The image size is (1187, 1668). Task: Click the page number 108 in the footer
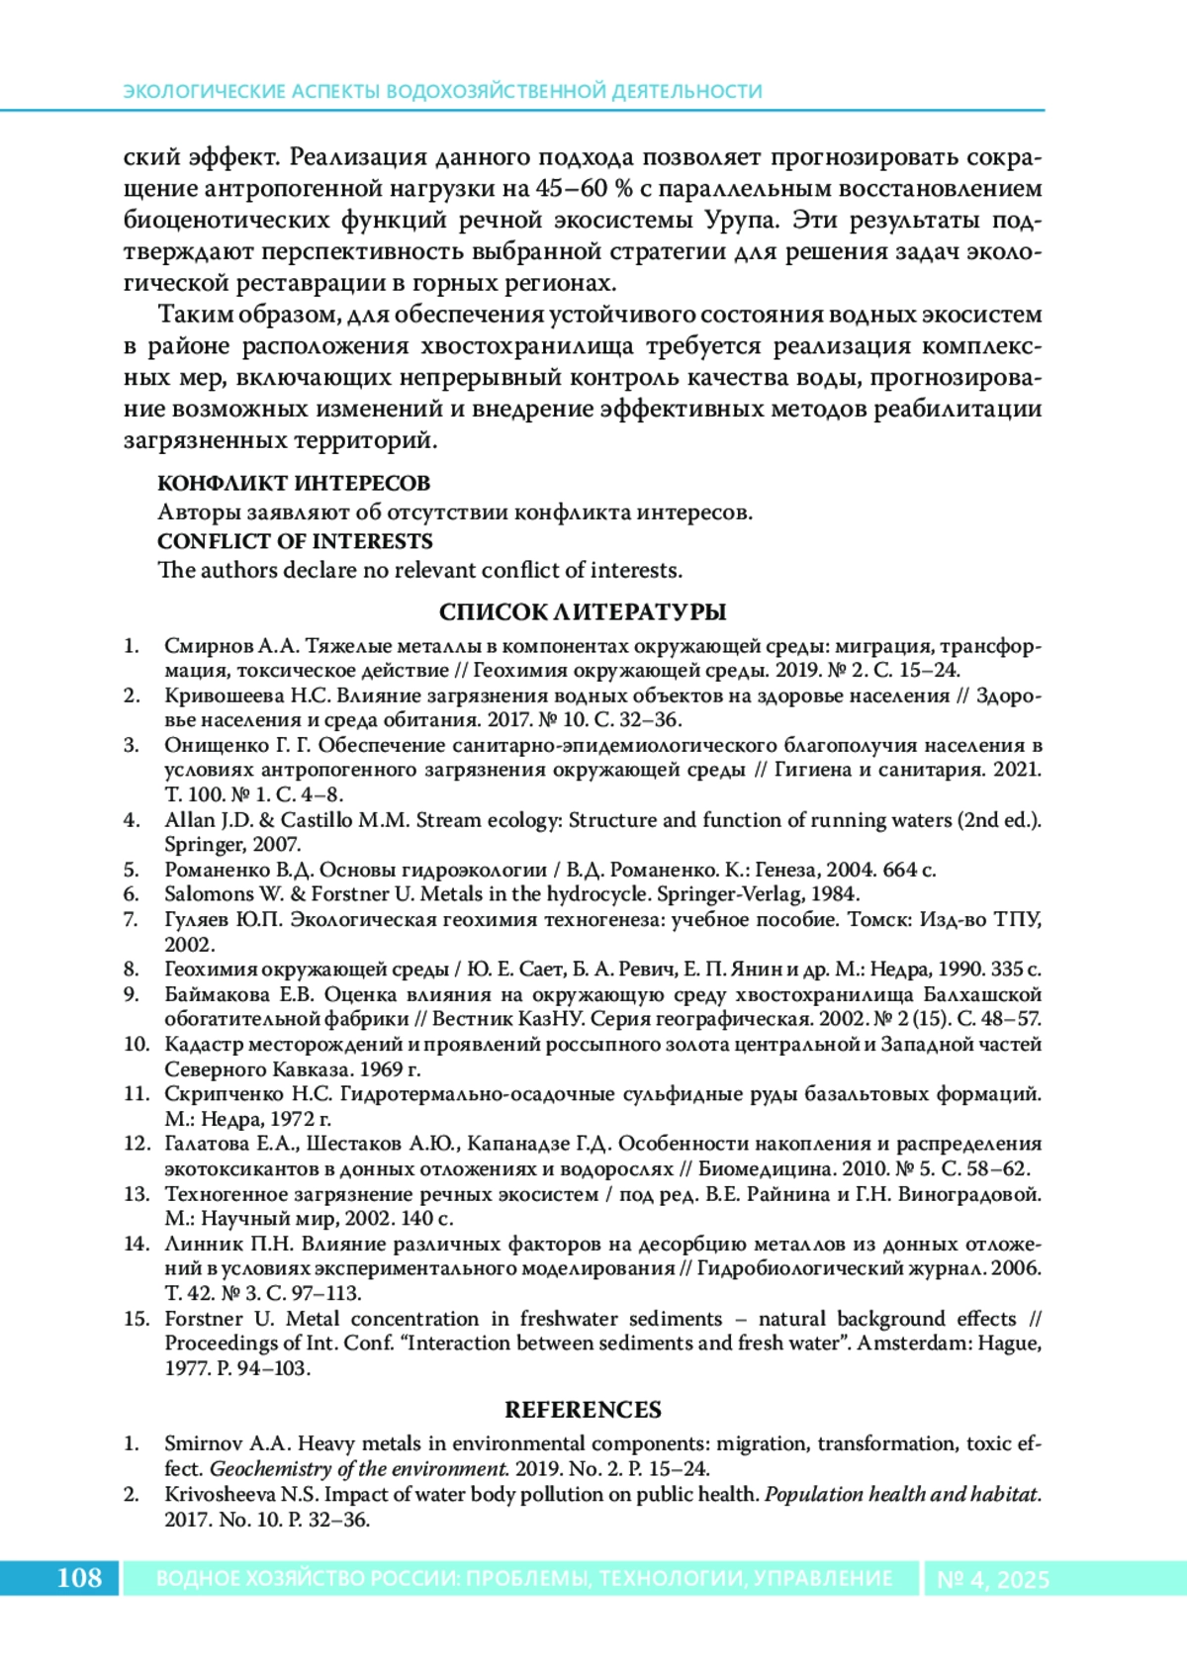(x=79, y=1577)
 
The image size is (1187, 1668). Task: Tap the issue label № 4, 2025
(x=992, y=1579)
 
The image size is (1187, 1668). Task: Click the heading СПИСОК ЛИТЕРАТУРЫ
(x=583, y=611)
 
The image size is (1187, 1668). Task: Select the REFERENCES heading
(x=583, y=1409)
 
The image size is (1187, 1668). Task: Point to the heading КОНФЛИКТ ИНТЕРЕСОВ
(x=294, y=483)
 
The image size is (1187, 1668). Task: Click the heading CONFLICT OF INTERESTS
(x=295, y=541)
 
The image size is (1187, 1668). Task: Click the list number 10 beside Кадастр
(x=136, y=1044)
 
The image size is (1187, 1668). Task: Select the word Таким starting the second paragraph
(x=194, y=315)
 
